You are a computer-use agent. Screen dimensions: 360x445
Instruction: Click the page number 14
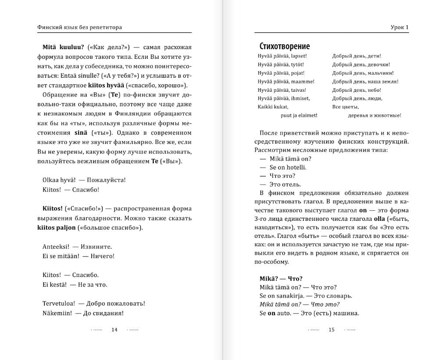(x=115, y=330)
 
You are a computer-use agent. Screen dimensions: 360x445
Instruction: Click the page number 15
(x=332, y=330)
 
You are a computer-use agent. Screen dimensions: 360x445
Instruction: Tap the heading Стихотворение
(x=285, y=46)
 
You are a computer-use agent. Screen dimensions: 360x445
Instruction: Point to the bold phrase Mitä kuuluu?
(x=63, y=47)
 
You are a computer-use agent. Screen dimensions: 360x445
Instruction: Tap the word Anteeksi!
(x=55, y=246)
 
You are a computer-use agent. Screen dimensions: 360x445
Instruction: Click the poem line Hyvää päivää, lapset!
(x=282, y=56)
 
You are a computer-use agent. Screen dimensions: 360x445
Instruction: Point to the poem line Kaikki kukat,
(x=273, y=107)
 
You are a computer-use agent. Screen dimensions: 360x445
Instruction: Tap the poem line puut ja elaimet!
(x=299, y=115)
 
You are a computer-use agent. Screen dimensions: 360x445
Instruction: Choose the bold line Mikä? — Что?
(x=281, y=278)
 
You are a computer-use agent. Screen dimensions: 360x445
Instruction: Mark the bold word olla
(x=379, y=219)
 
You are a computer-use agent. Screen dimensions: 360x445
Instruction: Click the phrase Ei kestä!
(x=54, y=284)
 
